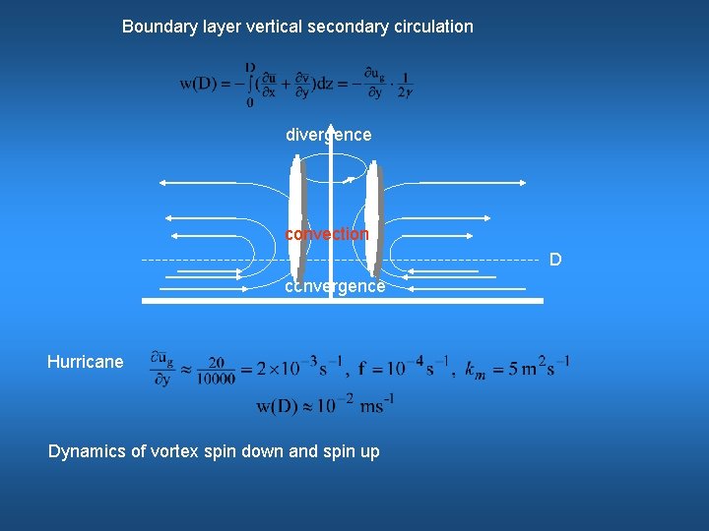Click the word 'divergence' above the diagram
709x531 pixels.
pyautogui.click(x=328, y=135)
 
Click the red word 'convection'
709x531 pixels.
pyautogui.click(x=327, y=234)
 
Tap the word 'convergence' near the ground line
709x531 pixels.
pyautogui.click(x=335, y=286)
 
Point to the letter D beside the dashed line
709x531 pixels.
pyautogui.click(x=555, y=260)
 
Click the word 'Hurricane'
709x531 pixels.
pyautogui.click(x=86, y=362)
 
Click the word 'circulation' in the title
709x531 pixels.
pyautogui.click(x=432, y=27)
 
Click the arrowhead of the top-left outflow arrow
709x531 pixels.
pyautogui.click(x=162, y=182)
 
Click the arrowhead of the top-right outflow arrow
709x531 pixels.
pyautogui.click(x=523, y=182)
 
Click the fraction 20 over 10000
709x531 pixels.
pyautogui.click(x=217, y=370)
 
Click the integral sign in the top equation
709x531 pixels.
pyautogui.click(x=251, y=83)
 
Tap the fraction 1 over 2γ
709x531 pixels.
pyautogui.click(x=405, y=85)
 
